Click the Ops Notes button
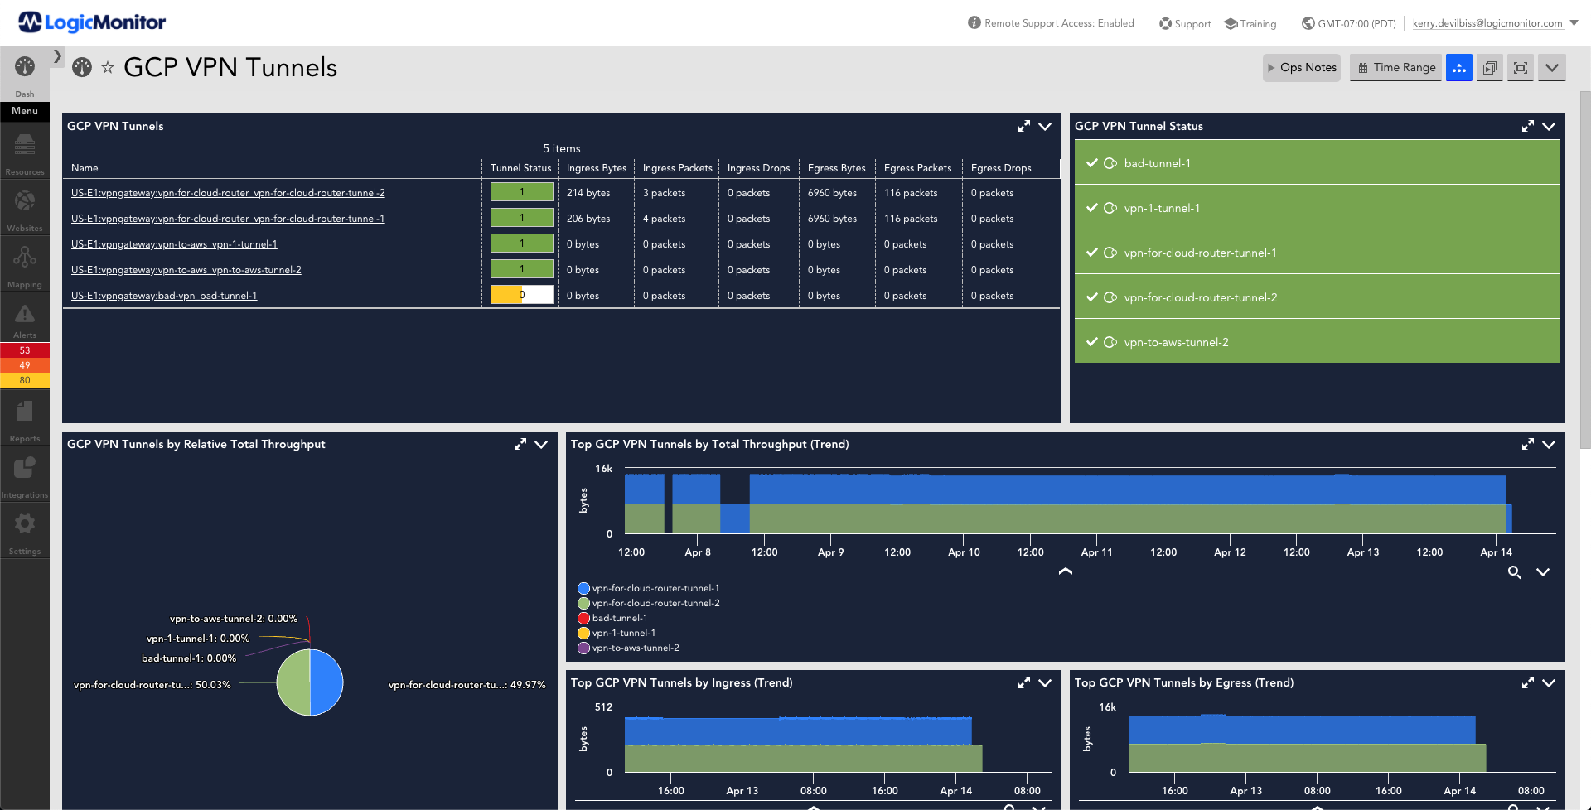pyautogui.click(x=1301, y=68)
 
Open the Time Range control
pyautogui.click(x=1396, y=68)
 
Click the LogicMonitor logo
pyautogui.click(x=92, y=22)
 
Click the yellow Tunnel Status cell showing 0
pyautogui.click(x=522, y=295)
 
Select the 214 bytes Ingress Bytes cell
pyautogui.click(x=588, y=193)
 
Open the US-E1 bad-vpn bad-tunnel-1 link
pyautogui.click(x=164, y=296)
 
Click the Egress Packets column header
pyautogui.click(x=917, y=168)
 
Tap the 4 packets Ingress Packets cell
pyautogui.click(x=665, y=219)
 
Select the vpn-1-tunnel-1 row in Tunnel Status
pyautogui.click(x=1317, y=208)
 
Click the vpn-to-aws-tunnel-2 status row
pyautogui.click(x=1317, y=342)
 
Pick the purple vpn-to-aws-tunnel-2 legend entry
pyautogui.click(x=628, y=648)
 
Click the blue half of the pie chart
pyautogui.click(x=326, y=682)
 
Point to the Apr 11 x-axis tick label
pyautogui.click(x=1096, y=552)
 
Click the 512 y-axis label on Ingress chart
pyautogui.click(x=603, y=707)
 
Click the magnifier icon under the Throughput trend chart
pyautogui.click(x=1514, y=572)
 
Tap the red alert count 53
pyautogui.click(x=25, y=350)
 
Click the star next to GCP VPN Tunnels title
pyautogui.click(x=108, y=68)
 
